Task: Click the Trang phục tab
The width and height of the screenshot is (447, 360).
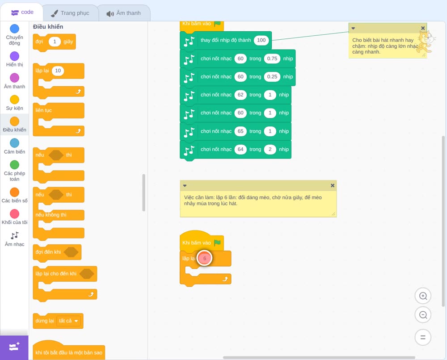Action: click(70, 13)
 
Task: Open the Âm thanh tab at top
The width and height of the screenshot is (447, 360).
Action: click(124, 13)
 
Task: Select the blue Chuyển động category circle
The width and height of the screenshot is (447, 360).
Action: click(15, 29)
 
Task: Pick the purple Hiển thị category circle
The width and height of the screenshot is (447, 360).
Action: click(15, 56)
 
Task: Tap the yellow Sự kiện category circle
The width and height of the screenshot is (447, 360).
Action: click(15, 100)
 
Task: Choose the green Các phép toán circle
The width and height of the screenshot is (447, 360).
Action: click(15, 165)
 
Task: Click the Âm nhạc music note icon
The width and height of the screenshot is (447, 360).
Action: click(15, 235)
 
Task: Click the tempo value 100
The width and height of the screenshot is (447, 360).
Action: click(261, 40)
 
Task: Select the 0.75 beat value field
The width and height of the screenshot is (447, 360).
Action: click(272, 59)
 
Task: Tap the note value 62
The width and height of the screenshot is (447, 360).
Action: click(240, 95)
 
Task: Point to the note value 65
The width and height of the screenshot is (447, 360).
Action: click(240, 131)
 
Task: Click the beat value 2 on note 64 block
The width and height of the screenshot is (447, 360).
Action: click(270, 149)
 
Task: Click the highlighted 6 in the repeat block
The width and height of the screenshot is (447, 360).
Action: click(204, 258)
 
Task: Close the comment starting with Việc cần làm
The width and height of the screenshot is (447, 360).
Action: click(333, 185)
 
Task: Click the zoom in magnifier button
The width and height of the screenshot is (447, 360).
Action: click(423, 296)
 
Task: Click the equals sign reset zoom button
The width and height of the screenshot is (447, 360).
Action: click(423, 338)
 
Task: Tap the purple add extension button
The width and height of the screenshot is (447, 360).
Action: click(14, 347)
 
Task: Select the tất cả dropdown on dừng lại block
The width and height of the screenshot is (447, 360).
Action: click(68, 321)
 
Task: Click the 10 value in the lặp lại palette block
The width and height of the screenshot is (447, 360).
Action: click(58, 71)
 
